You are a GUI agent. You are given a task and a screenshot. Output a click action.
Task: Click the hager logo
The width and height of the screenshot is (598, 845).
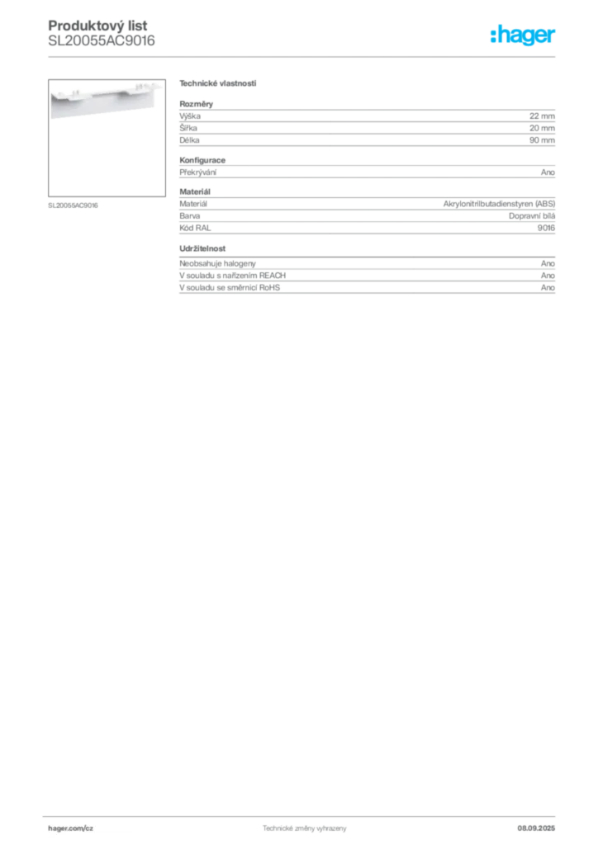(523, 35)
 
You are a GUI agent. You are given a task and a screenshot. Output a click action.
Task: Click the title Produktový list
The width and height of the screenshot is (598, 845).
(97, 26)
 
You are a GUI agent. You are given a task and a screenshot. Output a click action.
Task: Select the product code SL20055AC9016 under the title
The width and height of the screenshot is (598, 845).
(102, 41)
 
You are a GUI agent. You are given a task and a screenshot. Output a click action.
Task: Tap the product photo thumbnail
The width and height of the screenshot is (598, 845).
(107, 138)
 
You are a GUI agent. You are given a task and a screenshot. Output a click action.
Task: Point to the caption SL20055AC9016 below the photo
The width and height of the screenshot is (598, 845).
(73, 205)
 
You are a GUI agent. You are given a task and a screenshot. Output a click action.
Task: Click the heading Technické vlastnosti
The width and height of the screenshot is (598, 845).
(218, 83)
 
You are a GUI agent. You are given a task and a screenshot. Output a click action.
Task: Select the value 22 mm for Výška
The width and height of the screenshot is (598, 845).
(542, 116)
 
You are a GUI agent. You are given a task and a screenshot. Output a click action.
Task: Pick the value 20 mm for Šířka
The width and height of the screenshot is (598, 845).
(542, 128)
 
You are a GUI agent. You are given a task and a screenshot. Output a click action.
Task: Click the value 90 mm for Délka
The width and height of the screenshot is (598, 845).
(542, 140)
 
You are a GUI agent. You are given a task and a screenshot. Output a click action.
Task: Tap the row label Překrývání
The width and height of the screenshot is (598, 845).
(198, 172)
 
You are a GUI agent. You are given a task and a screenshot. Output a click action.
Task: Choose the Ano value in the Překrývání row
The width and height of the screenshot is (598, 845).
(548, 172)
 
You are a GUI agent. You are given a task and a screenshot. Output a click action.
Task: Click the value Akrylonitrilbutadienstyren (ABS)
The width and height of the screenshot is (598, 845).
(500, 204)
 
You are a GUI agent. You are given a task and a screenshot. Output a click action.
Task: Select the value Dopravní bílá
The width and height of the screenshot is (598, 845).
(532, 216)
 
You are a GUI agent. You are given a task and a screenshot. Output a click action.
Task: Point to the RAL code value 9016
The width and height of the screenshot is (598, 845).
(546, 228)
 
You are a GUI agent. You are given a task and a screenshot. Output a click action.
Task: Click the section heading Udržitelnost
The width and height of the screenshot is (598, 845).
(202, 248)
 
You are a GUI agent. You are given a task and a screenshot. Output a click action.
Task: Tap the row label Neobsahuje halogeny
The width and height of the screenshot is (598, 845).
(217, 263)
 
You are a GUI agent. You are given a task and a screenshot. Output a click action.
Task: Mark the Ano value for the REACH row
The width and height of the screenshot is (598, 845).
(548, 276)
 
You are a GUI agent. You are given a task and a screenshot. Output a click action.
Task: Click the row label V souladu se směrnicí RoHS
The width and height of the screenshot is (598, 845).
(230, 288)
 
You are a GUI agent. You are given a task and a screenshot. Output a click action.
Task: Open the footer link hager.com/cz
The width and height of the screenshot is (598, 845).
(71, 828)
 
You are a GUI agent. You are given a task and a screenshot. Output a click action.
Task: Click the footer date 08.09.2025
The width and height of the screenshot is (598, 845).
(536, 828)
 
